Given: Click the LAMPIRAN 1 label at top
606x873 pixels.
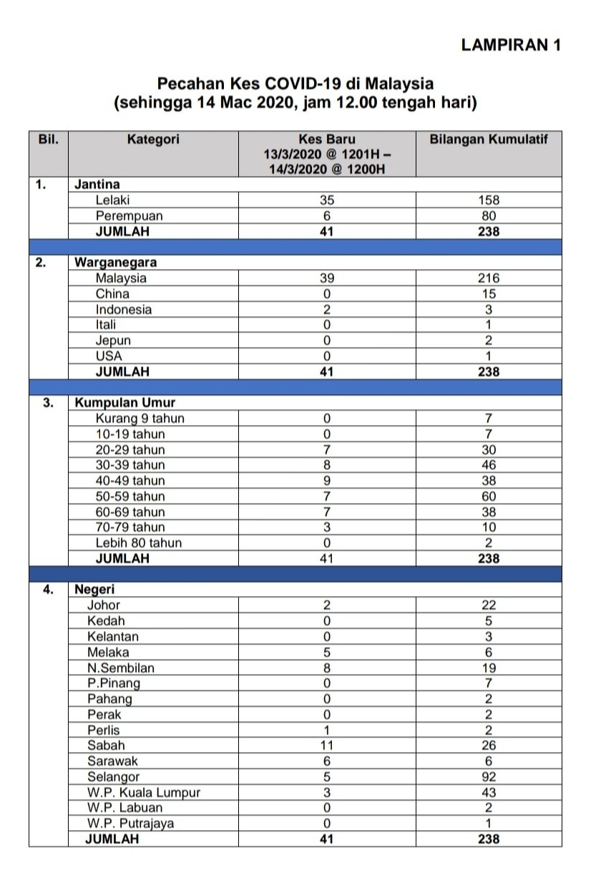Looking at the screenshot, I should click(x=511, y=45).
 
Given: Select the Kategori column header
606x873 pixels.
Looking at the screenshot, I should click(x=153, y=139).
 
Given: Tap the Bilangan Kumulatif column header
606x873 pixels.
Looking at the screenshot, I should click(x=488, y=139).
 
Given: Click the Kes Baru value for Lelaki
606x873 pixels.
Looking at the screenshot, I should click(x=326, y=201).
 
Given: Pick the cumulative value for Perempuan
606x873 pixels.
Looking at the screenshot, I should click(x=489, y=216).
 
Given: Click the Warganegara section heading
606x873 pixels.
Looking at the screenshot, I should click(x=116, y=263).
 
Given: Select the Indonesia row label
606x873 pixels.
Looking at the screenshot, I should click(x=124, y=310).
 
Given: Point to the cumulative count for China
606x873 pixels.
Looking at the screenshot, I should click(x=489, y=294).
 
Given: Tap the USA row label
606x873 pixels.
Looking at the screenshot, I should click(x=109, y=356).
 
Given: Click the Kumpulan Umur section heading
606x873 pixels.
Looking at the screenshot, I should click(x=125, y=403).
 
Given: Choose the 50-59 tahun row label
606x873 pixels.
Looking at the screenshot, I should click(x=130, y=497).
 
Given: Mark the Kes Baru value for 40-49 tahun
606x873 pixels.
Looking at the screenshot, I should click(x=326, y=481).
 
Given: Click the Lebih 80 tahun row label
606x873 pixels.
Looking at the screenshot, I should click(x=139, y=543).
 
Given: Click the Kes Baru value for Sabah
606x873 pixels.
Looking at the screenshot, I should click(x=326, y=746).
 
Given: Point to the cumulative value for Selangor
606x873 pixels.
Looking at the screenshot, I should click(x=489, y=777).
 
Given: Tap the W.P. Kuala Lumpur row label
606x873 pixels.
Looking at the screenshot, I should click(x=144, y=793).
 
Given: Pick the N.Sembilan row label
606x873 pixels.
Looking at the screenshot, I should click(x=121, y=668).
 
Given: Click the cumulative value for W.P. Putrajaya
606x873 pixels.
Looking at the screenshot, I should click(x=489, y=824).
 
